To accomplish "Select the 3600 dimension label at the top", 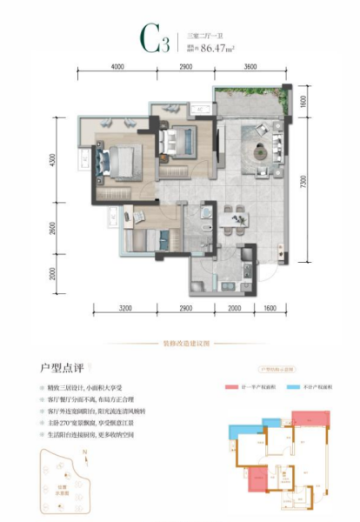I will point(251,68).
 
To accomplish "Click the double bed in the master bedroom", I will point(116,161).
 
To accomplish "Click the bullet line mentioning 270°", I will point(85,424).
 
